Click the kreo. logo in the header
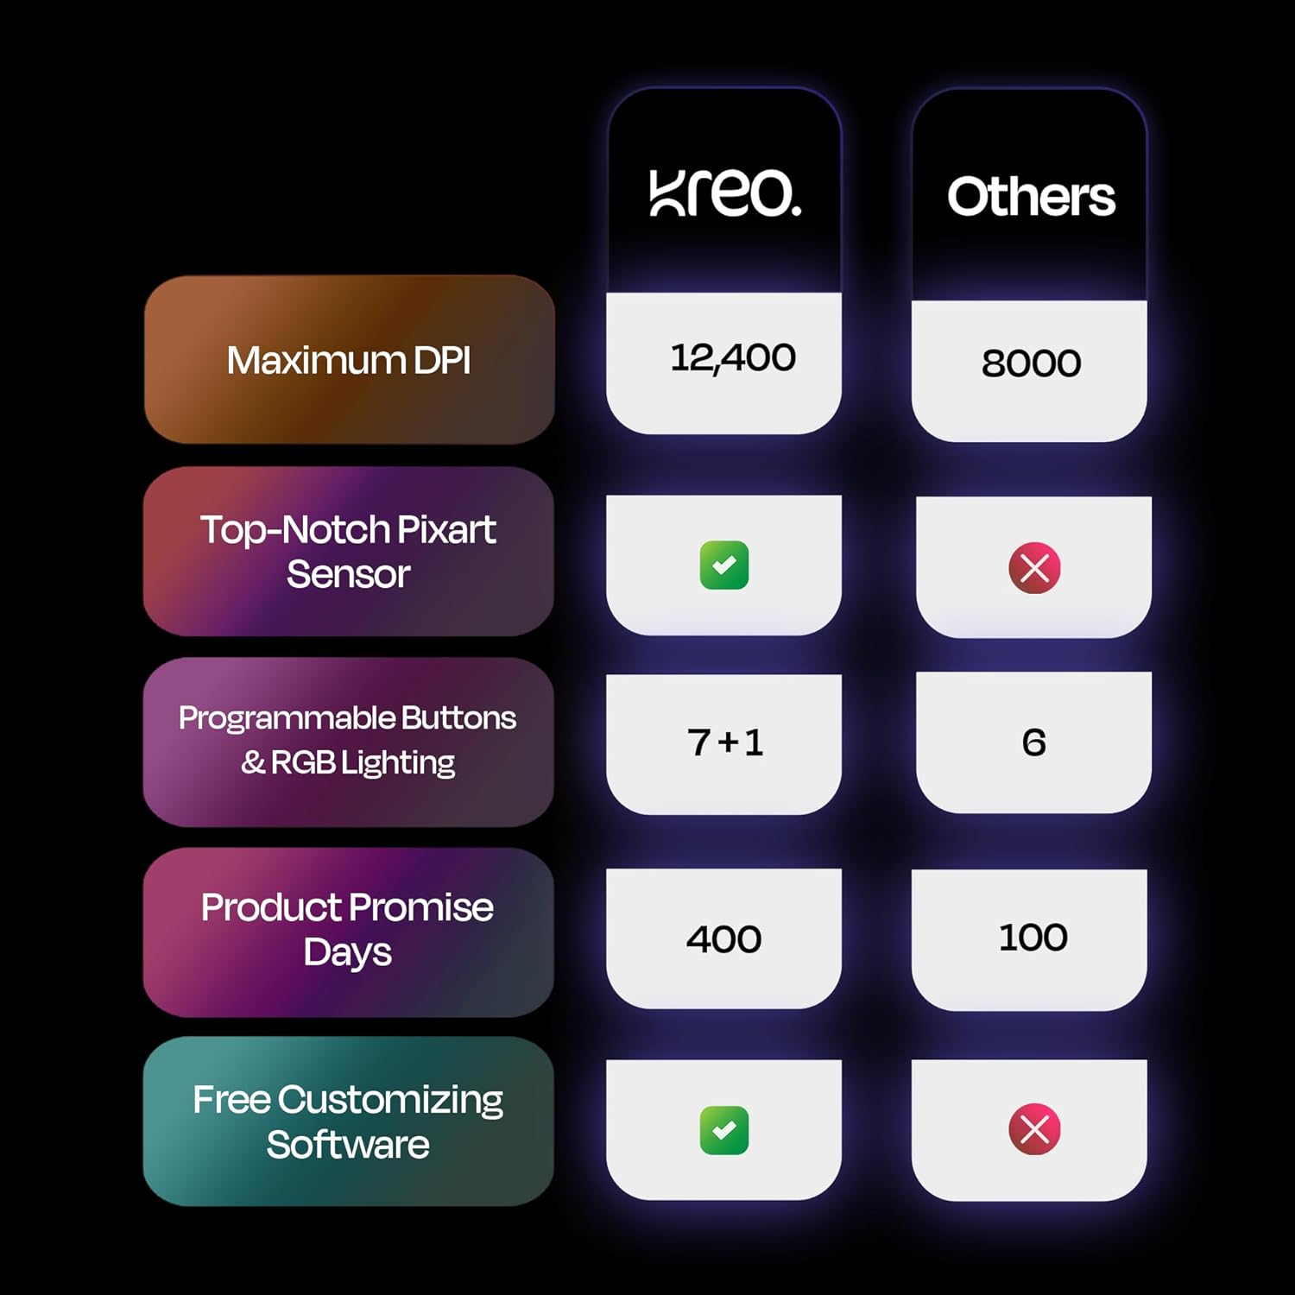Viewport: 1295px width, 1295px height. point(725,193)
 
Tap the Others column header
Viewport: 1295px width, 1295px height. point(1031,197)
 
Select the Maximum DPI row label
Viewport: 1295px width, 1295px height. point(349,360)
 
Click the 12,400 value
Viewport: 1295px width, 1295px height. point(733,357)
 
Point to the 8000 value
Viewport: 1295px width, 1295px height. point(1031,363)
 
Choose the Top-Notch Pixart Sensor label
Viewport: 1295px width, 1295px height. point(348,552)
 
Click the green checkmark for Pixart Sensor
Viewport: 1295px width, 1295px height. point(724,565)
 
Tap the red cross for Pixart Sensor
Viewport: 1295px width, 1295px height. point(1034,568)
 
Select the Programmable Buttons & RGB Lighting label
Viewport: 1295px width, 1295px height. point(347,740)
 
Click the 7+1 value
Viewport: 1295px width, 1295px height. point(725,742)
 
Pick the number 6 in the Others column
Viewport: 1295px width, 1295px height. point(1033,742)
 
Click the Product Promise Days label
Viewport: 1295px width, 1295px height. point(347,930)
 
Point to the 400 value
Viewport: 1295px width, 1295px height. point(723,939)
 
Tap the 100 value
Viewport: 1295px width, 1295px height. point(1033,938)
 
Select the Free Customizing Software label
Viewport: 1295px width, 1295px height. point(348,1121)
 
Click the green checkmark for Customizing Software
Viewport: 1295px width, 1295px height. point(724,1130)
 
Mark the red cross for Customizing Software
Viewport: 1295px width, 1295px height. point(1034,1129)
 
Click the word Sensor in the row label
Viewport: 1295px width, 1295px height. point(348,574)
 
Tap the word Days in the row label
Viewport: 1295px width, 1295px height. point(347,952)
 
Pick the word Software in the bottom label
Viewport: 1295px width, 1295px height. point(348,1144)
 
